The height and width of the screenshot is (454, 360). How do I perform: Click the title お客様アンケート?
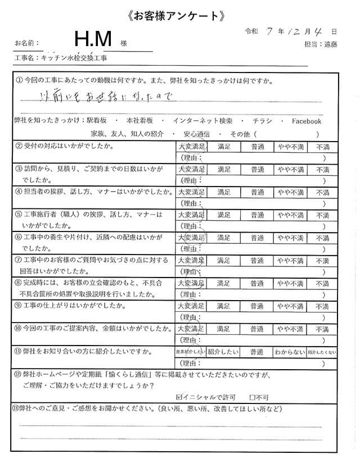tap(180, 16)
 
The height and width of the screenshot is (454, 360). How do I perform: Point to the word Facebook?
tap(306, 121)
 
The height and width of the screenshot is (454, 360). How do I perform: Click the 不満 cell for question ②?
tap(322, 147)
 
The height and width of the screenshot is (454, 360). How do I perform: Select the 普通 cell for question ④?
tap(257, 192)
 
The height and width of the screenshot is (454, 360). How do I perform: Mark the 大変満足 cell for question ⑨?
tap(190, 306)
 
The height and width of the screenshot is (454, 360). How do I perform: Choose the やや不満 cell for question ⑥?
tap(290, 238)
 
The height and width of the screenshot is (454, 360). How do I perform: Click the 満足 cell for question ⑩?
tap(223, 329)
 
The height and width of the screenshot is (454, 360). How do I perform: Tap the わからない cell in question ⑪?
tap(290, 352)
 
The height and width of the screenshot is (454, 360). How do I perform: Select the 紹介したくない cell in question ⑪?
tap(322, 352)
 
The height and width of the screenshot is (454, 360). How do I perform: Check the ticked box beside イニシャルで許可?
tap(179, 395)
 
